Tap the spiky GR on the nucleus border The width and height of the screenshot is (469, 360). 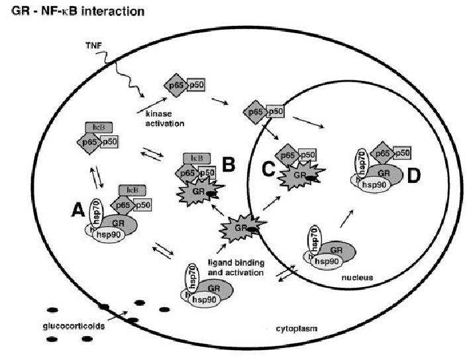pos(241,230)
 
